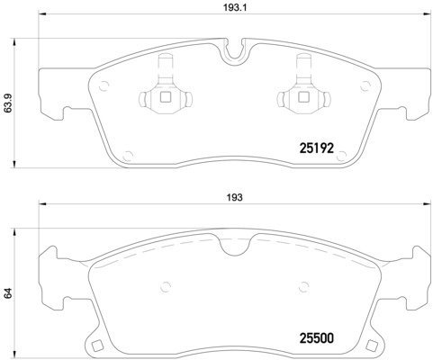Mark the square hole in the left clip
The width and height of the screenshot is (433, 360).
pos(165,98)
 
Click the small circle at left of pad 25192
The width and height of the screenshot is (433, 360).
pos(104,86)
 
